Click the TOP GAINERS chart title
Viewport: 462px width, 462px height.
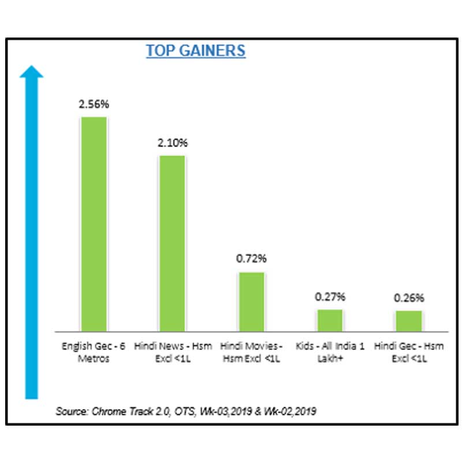pos(195,51)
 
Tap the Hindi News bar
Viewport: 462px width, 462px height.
pos(172,243)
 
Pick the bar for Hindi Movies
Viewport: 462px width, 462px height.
pos(251,301)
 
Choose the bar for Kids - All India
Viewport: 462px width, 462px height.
pos(330,320)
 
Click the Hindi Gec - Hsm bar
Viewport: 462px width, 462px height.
pos(409,321)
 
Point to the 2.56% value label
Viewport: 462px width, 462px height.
pos(94,105)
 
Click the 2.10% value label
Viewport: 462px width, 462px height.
pos(172,143)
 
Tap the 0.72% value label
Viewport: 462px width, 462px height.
pos(251,259)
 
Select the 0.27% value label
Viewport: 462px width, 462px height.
pos(330,297)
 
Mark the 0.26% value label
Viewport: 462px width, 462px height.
pos(409,299)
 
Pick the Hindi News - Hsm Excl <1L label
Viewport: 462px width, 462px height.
pos(173,352)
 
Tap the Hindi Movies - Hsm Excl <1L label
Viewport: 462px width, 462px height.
pos(251,352)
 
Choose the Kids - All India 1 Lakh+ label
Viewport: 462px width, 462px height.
pos(330,352)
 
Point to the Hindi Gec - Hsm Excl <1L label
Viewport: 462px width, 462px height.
pos(409,352)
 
